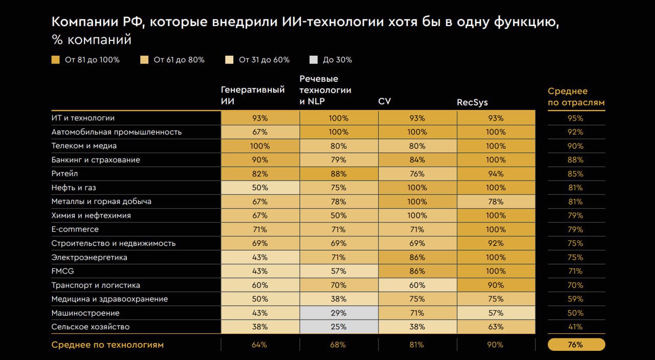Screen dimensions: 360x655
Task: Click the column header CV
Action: tap(384, 101)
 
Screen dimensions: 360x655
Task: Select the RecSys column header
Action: tap(472, 102)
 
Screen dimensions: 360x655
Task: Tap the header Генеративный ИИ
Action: tap(253, 95)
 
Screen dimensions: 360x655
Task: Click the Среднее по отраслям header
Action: tap(576, 96)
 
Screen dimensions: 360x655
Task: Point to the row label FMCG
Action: tap(63, 271)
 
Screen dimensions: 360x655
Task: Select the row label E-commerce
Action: tap(75, 229)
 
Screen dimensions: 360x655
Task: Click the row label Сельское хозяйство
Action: tap(91, 327)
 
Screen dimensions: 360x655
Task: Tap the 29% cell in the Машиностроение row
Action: tap(339, 313)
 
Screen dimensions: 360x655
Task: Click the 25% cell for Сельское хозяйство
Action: tap(339, 327)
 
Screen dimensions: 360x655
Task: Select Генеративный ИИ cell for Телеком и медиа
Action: tap(260, 146)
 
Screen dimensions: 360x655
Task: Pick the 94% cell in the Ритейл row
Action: tap(496, 174)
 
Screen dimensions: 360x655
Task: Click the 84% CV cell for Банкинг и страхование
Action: tap(417, 160)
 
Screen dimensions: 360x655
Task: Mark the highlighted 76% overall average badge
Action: tap(576, 345)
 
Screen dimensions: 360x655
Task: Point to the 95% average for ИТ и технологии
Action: tap(576, 118)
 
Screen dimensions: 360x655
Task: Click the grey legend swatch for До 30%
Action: tap(314, 60)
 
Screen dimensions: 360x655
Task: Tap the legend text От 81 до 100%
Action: tap(92, 60)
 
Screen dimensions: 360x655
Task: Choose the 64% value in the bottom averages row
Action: tap(259, 345)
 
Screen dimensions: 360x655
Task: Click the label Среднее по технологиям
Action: tap(107, 345)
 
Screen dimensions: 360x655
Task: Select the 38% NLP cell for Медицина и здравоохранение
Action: tap(339, 299)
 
